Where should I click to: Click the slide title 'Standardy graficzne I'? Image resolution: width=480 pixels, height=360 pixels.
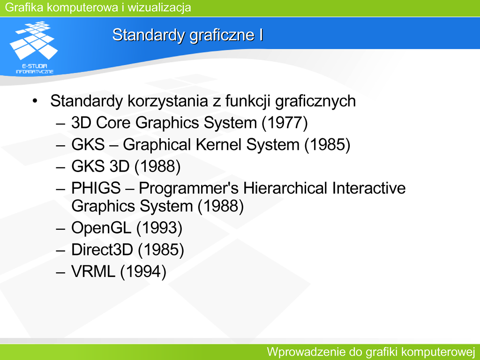click(x=187, y=35)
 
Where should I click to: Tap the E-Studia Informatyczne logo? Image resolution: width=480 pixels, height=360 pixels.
click(x=34, y=47)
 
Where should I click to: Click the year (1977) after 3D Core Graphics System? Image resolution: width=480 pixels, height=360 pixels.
click(x=285, y=123)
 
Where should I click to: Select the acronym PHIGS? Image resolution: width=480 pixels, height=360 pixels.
click(x=96, y=188)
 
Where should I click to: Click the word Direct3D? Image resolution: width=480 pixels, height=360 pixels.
click(x=102, y=249)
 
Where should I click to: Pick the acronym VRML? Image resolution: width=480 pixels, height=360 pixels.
click(x=93, y=271)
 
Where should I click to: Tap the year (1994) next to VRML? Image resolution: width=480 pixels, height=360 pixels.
click(x=143, y=272)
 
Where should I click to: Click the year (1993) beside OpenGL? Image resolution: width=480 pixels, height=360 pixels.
click(x=159, y=228)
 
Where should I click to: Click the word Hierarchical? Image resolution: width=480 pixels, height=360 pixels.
click(x=285, y=188)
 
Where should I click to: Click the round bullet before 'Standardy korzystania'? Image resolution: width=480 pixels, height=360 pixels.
click(x=35, y=101)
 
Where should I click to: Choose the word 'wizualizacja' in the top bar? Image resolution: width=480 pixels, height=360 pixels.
click(x=159, y=7)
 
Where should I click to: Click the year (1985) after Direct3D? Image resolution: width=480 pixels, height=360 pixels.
click(x=161, y=250)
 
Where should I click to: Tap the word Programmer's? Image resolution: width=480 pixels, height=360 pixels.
click(x=188, y=188)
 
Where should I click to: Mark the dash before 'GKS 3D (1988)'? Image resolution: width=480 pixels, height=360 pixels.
click(x=60, y=167)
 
